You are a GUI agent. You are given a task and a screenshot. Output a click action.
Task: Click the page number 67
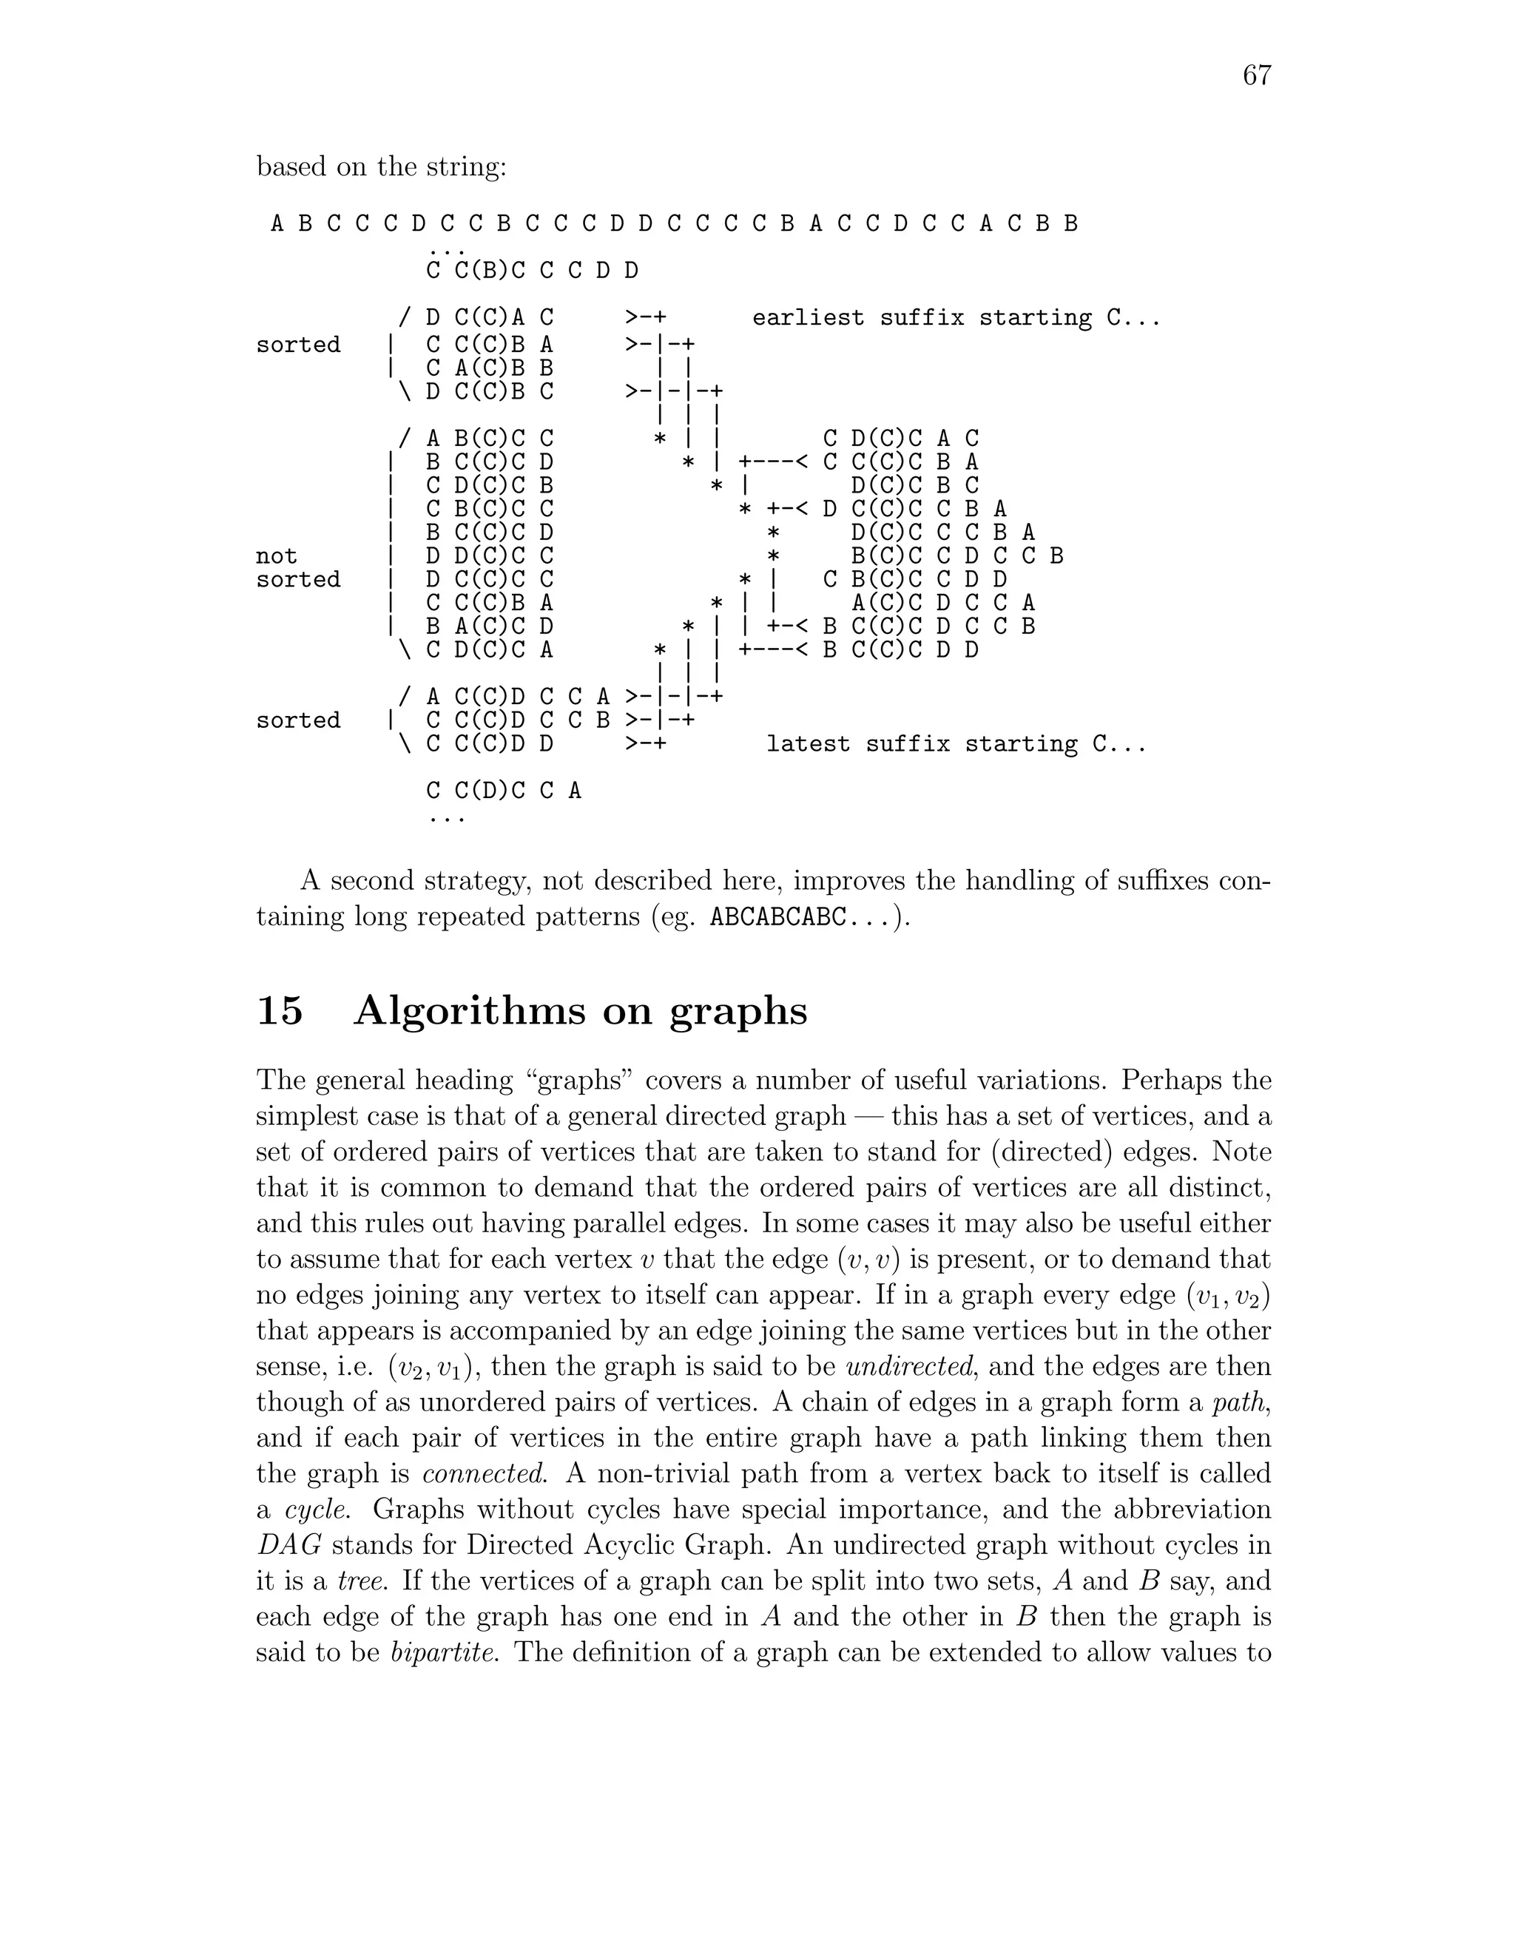pos(1257,75)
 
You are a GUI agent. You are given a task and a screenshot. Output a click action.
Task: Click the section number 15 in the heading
pos(280,1011)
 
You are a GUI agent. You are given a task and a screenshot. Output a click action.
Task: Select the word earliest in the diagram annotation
pos(809,319)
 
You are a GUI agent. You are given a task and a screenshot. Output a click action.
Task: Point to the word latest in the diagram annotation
pos(808,744)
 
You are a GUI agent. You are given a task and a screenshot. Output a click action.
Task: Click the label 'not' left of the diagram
pos(277,555)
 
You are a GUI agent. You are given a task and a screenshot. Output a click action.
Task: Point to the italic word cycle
pos(323,1510)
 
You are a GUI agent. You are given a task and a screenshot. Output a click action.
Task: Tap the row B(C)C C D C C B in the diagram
pos(956,555)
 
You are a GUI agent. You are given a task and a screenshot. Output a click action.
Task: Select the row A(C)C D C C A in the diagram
pos(942,602)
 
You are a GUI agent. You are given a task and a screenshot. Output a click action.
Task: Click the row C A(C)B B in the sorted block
pos(490,368)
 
